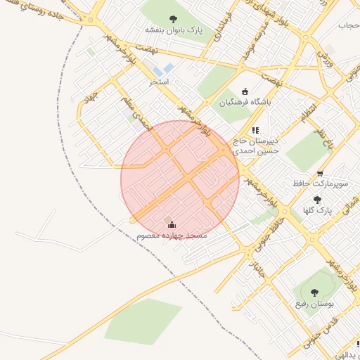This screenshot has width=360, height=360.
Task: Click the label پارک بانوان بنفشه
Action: [x=173, y=30]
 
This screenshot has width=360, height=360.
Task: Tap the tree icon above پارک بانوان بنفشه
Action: [x=173, y=19]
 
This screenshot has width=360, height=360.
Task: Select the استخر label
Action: [x=159, y=82]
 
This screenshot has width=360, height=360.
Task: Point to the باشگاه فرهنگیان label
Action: [x=245, y=102]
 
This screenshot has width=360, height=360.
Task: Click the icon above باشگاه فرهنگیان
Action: [x=245, y=91]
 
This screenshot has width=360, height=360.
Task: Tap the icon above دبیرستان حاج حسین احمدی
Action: [x=256, y=130]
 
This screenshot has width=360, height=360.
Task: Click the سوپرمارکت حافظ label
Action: [x=321, y=184]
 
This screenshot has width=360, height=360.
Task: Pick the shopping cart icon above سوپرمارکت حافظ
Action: [x=321, y=173]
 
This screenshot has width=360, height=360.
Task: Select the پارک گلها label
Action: [x=316, y=210]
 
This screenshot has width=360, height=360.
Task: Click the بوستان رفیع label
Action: [x=314, y=303]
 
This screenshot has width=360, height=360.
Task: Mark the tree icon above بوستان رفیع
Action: [x=314, y=292]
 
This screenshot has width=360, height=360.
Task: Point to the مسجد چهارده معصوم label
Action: [x=172, y=236]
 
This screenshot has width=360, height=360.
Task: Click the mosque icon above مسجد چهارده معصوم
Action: [x=172, y=224]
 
